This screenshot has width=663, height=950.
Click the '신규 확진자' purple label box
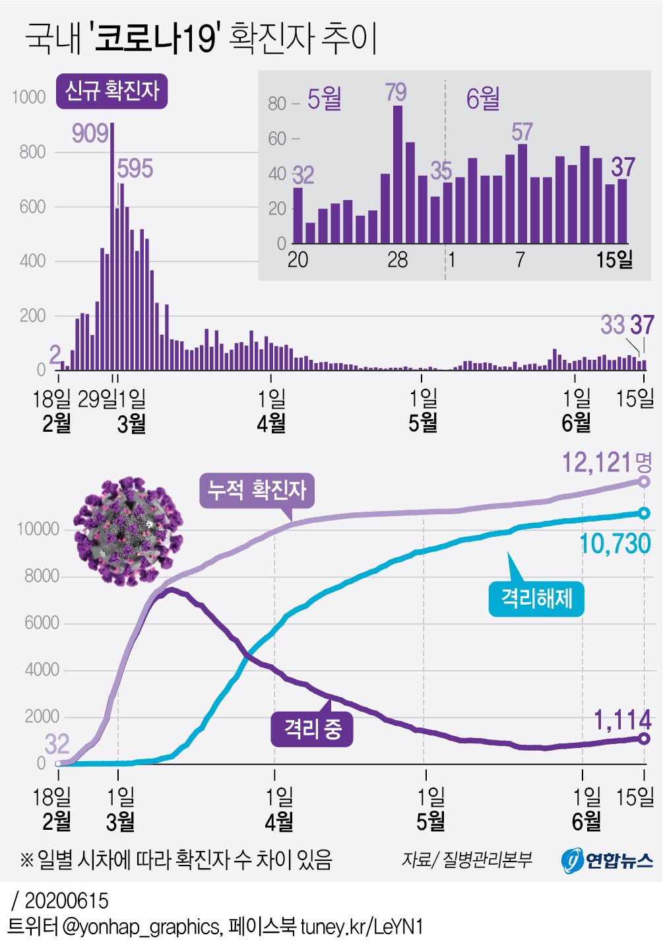[111, 91]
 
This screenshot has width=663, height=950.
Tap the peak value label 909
[90, 133]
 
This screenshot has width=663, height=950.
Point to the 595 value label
[135, 169]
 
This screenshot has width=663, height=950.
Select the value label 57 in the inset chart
[522, 132]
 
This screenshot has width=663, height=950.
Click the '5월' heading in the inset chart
[325, 99]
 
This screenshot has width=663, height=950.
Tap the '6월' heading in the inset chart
[483, 99]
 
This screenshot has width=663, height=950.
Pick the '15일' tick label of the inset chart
[614, 259]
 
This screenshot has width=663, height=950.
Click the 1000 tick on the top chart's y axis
[29, 98]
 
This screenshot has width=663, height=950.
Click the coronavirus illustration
[127, 531]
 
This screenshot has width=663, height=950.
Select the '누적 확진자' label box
[257, 491]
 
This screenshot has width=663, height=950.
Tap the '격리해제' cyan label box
[536, 599]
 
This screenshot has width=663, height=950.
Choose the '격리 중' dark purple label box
[312, 729]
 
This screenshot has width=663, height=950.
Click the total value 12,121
[597, 463]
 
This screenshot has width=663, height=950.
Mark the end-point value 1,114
[622, 720]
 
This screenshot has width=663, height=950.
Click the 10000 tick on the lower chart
[38, 529]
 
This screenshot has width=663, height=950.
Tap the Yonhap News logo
[607, 860]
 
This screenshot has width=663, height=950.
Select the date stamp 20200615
[66, 900]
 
